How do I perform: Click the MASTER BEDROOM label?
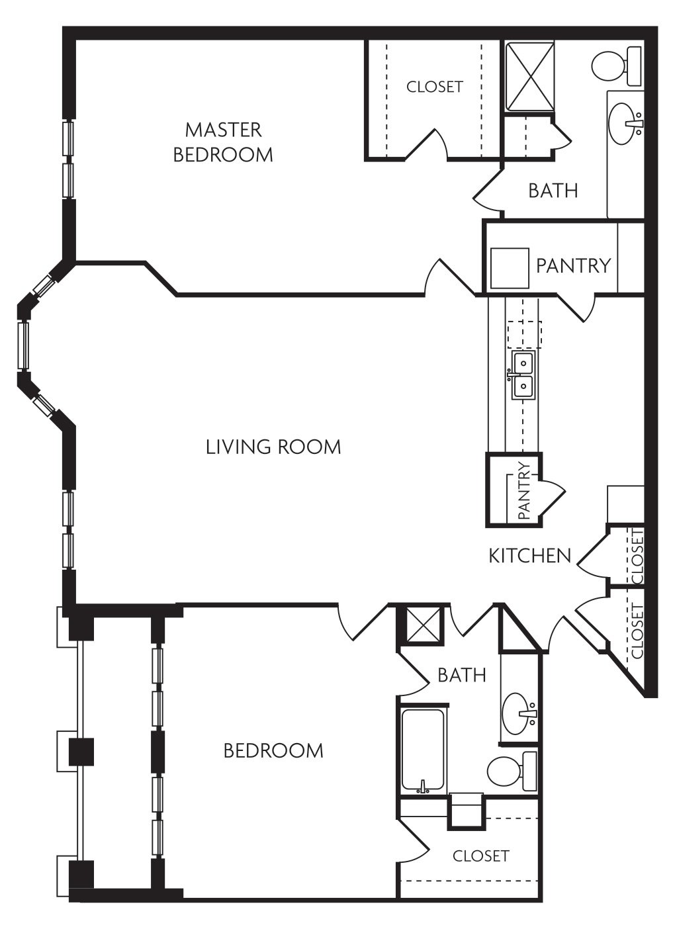[x=223, y=142]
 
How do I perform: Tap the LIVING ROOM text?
[x=273, y=447]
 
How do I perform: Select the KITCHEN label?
[x=529, y=555]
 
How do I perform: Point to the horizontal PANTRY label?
[x=573, y=265]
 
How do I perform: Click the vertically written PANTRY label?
[x=525, y=490]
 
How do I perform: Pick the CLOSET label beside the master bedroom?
[x=435, y=87]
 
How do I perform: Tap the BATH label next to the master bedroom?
[x=553, y=191]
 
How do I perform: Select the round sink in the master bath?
[x=625, y=123]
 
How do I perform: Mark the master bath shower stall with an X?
[x=529, y=77]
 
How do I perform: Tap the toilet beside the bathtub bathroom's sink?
[x=512, y=771]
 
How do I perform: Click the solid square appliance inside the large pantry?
[x=509, y=268]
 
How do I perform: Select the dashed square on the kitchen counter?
[x=523, y=334]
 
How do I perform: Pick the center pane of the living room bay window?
[x=24, y=345]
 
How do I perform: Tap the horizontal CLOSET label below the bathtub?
[x=480, y=856]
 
